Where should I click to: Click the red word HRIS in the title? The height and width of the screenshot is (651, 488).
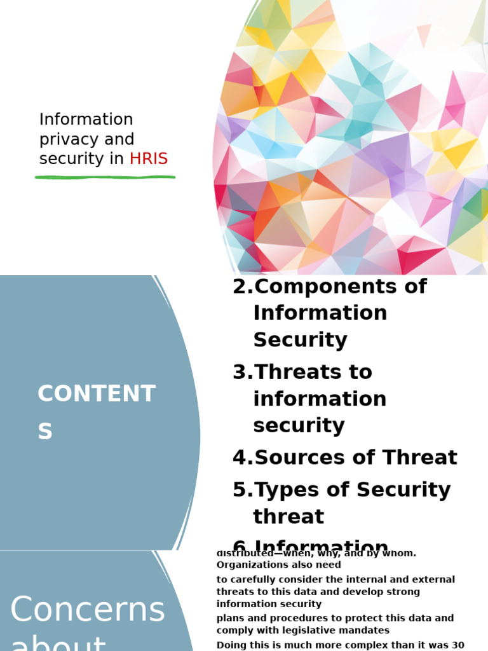pos(149,159)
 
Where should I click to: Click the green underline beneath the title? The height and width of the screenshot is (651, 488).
pos(105,176)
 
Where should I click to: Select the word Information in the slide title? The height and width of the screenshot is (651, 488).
pos(86,120)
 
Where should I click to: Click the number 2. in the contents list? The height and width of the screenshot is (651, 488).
pos(242,287)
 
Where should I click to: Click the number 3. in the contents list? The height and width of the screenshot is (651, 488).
pos(242,372)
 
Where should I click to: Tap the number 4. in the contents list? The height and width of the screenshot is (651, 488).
pos(242,458)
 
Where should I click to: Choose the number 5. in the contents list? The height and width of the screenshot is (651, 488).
pos(242,490)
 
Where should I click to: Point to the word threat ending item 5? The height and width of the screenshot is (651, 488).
pos(288,517)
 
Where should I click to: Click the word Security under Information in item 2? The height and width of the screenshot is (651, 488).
pos(300,340)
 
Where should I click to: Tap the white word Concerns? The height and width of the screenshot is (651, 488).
pos(88,610)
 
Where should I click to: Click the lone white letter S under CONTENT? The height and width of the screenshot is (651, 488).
pos(44,432)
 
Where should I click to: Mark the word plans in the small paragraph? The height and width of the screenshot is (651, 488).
pos(230,619)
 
